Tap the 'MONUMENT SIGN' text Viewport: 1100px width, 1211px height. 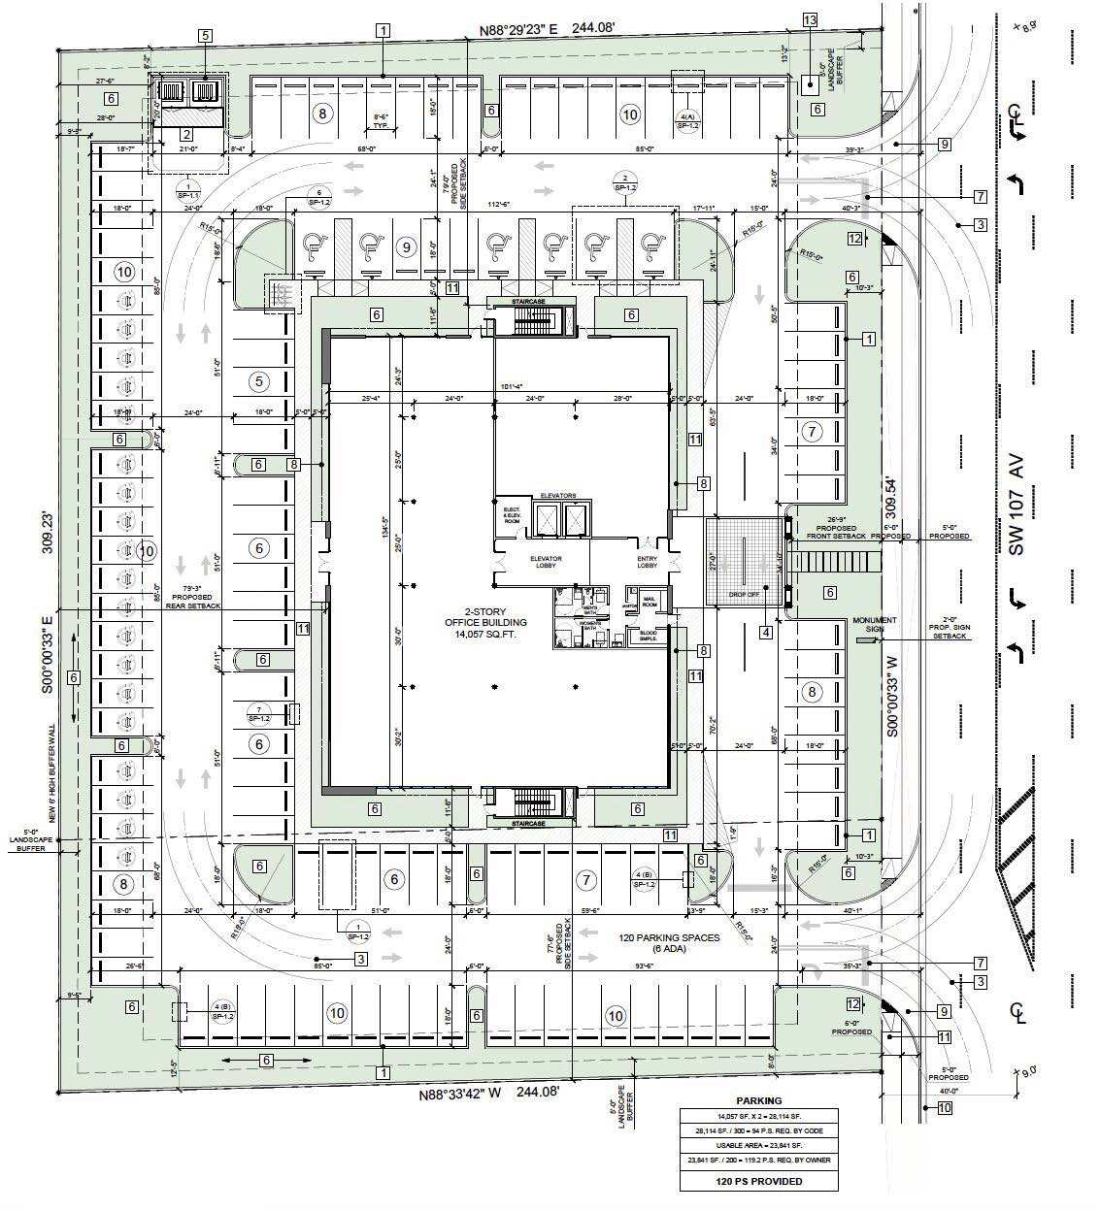tap(874, 625)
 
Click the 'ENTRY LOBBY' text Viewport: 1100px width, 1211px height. tap(648, 563)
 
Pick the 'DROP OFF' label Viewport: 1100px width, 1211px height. tap(743, 586)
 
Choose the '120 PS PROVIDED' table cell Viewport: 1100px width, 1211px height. tap(758, 1181)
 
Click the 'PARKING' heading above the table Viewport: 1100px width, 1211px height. tap(758, 1100)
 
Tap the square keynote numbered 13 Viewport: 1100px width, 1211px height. tap(810, 20)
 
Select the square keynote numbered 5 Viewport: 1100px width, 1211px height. tap(205, 36)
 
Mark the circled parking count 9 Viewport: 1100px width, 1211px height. tap(406, 245)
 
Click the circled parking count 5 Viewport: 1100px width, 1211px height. tap(258, 381)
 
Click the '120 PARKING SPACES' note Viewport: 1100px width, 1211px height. tap(670, 938)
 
